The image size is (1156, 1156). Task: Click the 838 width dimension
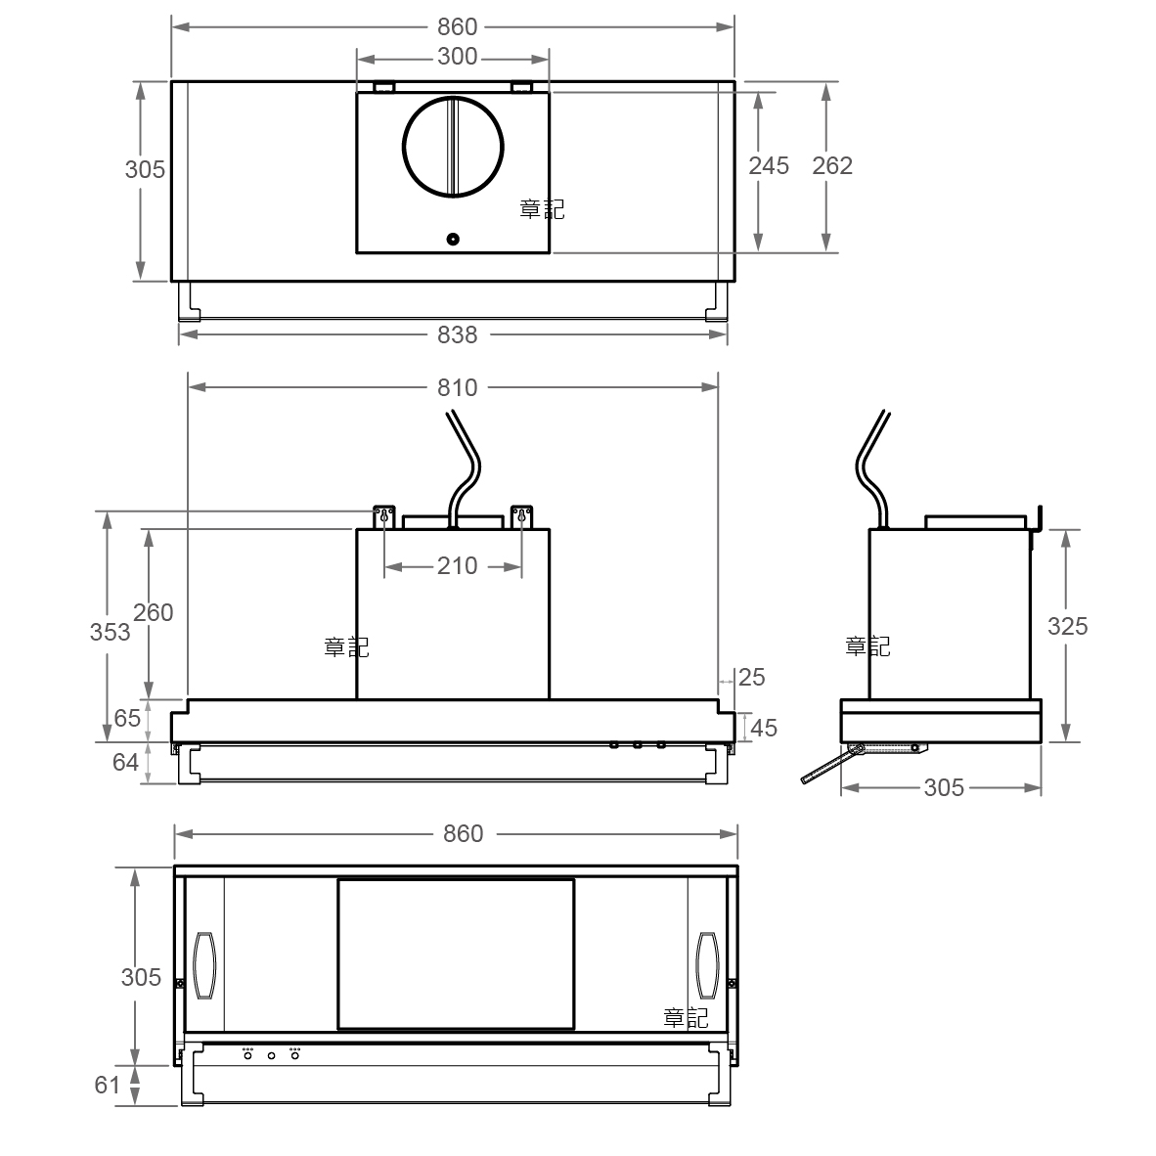[457, 334]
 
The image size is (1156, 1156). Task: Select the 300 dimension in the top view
[457, 57]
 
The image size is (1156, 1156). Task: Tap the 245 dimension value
[769, 166]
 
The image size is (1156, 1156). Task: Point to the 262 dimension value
[832, 166]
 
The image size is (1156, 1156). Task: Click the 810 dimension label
[457, 388]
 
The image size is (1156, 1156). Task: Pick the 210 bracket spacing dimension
[457, 566]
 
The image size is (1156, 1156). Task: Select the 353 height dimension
[110, 632]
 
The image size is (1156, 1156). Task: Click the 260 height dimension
[154, 612]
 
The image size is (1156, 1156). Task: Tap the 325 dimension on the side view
[1068, 627]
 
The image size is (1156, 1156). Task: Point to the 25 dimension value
[752, 678]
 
